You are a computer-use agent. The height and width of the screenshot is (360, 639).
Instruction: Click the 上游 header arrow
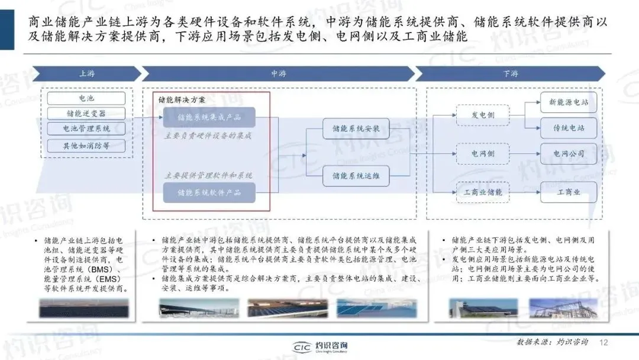[x=85, y=74]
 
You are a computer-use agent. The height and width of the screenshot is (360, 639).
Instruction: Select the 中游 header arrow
[x=278, y=74]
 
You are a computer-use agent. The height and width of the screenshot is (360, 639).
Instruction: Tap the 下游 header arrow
[x=511, y=74]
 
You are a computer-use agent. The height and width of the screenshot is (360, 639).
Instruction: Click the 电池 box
[x=86, y=98]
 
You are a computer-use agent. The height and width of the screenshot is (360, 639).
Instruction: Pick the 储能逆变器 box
[x=86, y=113]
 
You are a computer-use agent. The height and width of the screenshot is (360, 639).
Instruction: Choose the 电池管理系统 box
[x=86, y=128]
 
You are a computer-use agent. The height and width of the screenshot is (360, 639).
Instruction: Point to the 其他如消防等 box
[x=86, y=145]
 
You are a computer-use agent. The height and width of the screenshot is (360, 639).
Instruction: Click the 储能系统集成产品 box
[x=209, y=117]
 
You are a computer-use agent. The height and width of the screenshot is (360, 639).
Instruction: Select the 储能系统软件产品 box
[x=209, y=192]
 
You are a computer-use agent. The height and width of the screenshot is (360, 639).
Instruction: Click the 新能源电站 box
[x=569, y=102]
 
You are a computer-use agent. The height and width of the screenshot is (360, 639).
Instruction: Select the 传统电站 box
[x=569, y=128]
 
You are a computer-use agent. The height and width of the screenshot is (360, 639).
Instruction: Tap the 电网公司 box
[x=569, y=154]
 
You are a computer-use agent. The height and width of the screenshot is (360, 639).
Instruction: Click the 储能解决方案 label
[x=182, y=99]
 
